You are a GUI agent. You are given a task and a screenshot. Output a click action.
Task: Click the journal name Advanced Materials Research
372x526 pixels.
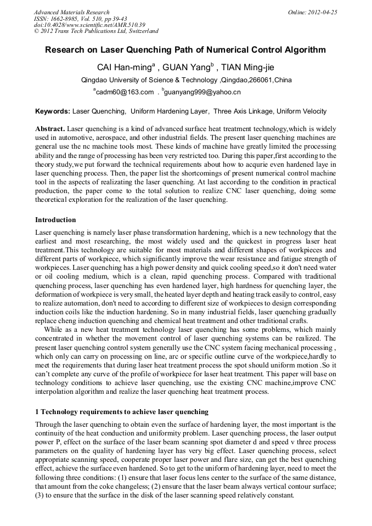[71, 12]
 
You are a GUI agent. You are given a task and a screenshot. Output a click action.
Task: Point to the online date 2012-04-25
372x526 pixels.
[323, 12]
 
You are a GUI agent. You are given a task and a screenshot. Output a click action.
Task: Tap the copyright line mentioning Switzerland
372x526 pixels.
[96, 31]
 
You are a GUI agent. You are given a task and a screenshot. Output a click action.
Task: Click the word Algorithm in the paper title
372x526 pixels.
[300, 50]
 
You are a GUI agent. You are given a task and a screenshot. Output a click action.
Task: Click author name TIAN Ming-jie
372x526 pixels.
[248, 68]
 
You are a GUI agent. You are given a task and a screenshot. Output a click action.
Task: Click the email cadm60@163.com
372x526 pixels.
[125, 92]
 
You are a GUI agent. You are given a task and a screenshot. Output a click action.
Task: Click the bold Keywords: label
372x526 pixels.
[53, 111]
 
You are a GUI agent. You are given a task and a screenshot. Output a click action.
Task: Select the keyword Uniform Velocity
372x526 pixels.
[302, 111]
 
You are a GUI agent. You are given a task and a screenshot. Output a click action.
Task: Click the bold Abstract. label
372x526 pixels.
[50, 128]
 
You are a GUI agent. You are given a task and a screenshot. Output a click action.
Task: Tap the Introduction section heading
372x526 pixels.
[55, 220]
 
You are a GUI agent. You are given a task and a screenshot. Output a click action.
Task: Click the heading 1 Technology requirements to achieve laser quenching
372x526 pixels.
[122, 411]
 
